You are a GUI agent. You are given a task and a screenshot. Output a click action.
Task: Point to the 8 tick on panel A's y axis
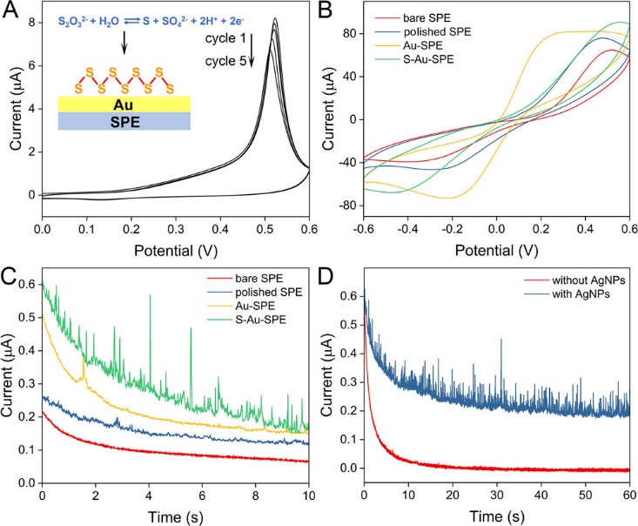[x=30, y=24]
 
